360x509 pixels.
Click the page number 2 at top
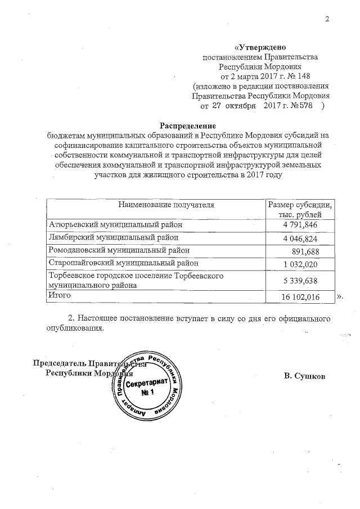click(x=327, y=21)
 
